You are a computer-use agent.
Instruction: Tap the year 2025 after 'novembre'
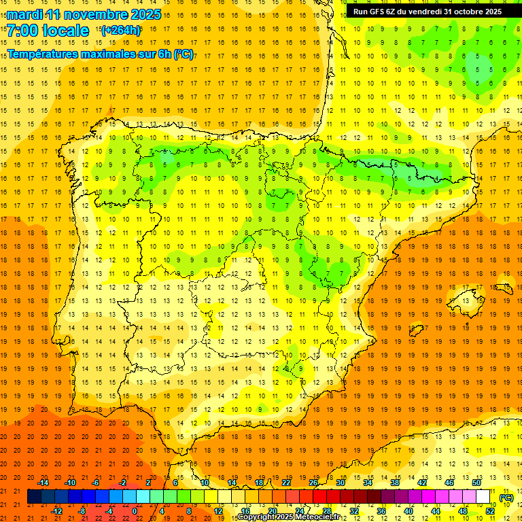(x=145, y=14)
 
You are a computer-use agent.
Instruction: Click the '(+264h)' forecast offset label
(x=120, y=30)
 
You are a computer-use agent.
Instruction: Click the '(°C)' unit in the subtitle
(x=184, y=54)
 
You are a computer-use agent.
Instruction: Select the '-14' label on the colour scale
(x=43, y=483)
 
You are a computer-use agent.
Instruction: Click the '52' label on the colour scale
(x=490, y=511)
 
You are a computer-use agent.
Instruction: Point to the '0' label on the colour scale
(x=135, y=511)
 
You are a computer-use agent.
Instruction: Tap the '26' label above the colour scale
(x=313, y=483)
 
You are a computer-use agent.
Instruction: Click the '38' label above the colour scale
(x=394, y=483)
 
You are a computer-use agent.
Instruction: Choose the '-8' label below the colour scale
(x=82, y=511)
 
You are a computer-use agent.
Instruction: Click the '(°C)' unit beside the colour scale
(x=506, y=498)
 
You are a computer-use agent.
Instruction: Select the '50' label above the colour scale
(x=476, y=483)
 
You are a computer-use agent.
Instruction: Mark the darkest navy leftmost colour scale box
(x=34, y=497)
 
